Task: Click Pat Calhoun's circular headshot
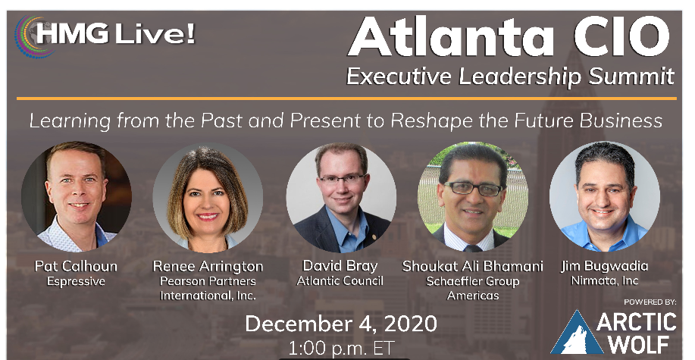[76, 196]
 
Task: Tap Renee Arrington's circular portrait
[208, 196]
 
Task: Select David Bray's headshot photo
[341, 196]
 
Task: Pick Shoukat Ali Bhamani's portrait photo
[472, 196]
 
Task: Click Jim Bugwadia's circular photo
[605, 196]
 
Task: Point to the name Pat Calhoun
[76, 266]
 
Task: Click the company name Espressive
[76, 280]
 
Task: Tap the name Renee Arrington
[208, 266]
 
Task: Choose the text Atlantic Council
[341, 280]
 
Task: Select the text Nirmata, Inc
[605, 280]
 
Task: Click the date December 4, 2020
[341, 324]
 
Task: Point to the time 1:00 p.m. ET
[341, 349]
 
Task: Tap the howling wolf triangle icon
[578, 333]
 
